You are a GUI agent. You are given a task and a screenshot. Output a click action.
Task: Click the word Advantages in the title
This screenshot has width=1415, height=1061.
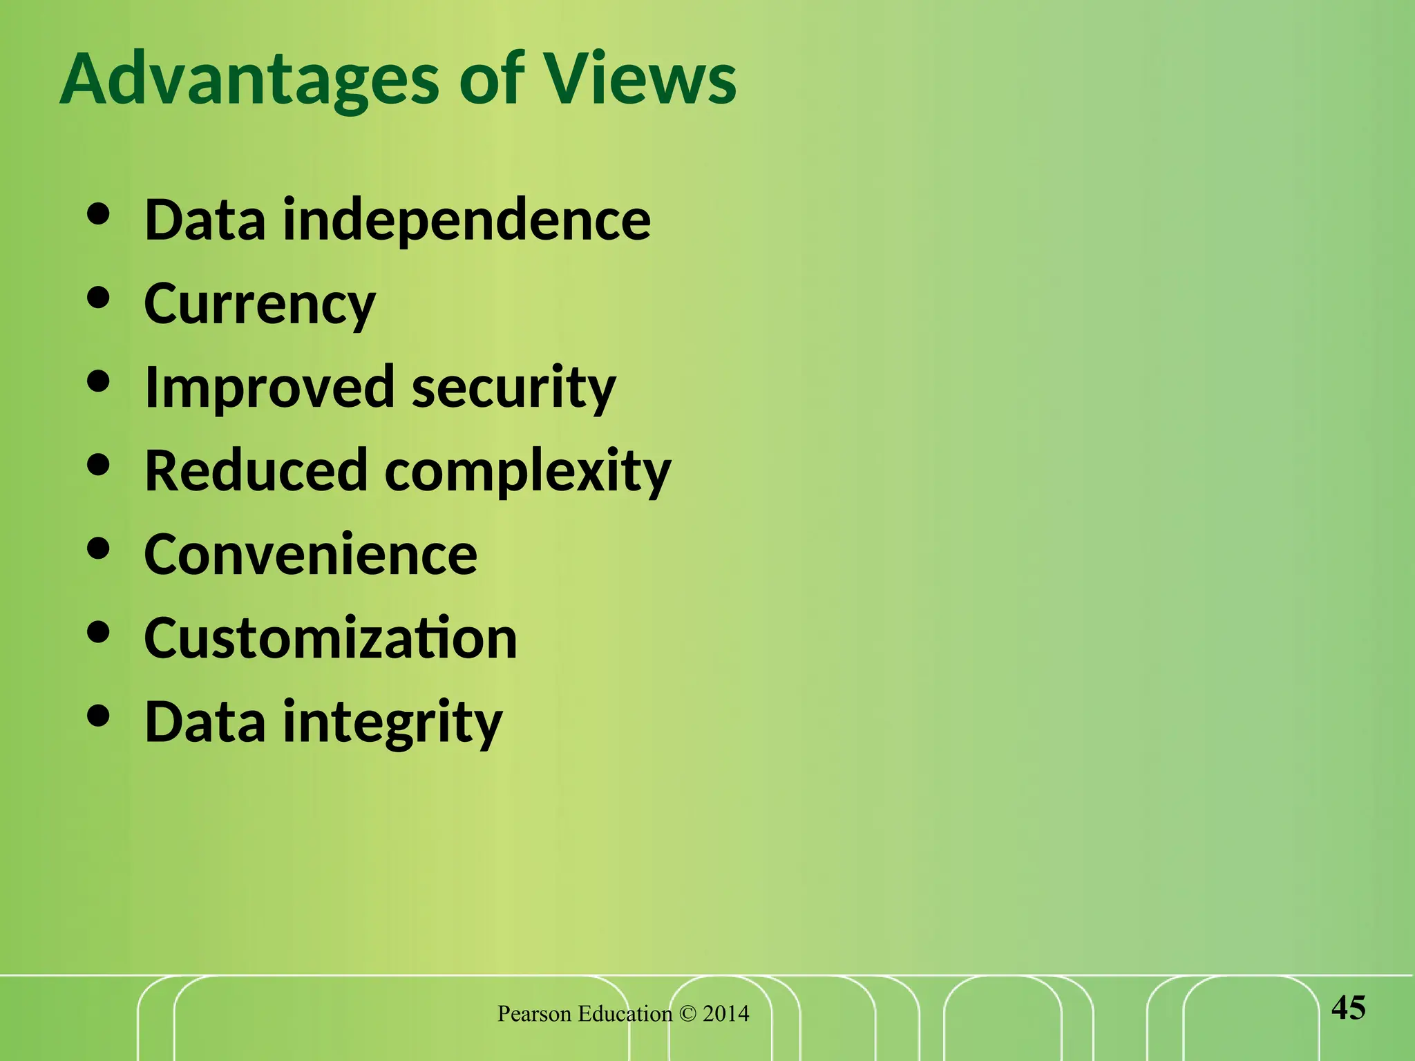(x=249, y=80)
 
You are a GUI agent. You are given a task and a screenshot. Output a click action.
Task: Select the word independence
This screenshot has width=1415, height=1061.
(x=467, y=220)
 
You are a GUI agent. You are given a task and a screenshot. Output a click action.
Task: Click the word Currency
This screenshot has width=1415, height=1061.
(x=260, y=305)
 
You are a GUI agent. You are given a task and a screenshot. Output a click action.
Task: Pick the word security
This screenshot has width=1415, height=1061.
(x=513, y=388)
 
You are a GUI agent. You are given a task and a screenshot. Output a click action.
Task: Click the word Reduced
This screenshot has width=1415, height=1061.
(x=256, y=471)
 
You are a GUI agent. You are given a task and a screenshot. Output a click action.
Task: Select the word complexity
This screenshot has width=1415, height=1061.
(x=528, y=472)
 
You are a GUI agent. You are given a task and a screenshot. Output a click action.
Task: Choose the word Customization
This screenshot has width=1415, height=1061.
(x=330, y=638)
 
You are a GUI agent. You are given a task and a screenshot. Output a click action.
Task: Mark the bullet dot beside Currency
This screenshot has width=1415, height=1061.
(x=99, y=298)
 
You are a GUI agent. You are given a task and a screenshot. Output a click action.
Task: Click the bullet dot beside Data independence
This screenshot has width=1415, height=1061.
(x=99, y=214)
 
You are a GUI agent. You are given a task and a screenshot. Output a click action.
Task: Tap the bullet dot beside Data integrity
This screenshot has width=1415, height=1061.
(x=99, y=716)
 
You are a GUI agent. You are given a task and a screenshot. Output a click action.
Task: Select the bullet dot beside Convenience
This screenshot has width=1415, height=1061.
(x=99, y=548)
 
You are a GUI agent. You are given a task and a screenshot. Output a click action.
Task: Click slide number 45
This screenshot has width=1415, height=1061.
(x=1348, y=1009)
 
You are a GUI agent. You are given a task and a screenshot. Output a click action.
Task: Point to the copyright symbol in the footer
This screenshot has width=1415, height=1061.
(x=687, y=1014)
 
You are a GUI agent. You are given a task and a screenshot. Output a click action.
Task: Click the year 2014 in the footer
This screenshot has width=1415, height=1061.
(x=725, y=1014)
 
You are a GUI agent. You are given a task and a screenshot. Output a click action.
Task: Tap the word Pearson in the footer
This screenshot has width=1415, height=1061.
(x=535, y=1014)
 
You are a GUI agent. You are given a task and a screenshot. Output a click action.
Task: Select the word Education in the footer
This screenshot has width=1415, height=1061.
(x=625, y=1014)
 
